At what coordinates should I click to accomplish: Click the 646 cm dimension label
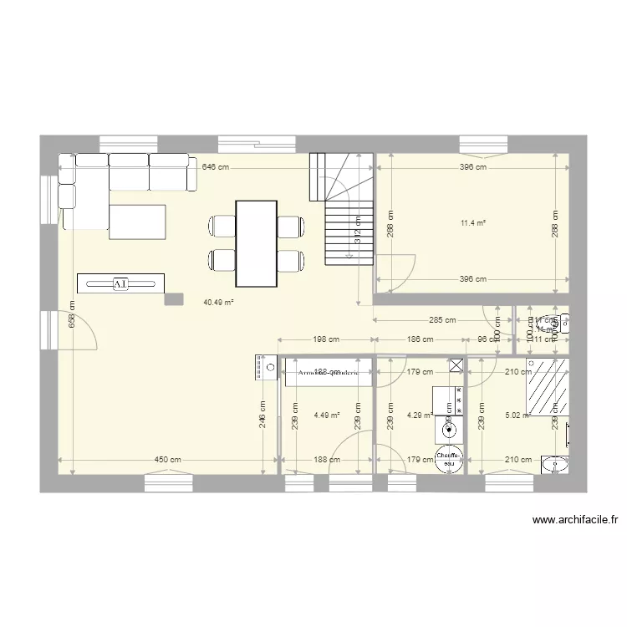(214, 167)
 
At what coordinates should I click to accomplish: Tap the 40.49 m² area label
(217, 303)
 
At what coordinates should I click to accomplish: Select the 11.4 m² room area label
(473, 223)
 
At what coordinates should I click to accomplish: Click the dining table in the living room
(256, 243)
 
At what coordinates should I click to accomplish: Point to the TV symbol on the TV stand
(120, 284)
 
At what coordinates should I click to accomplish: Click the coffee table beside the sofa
(137, 221)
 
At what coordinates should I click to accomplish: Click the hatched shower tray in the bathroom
(547, 386)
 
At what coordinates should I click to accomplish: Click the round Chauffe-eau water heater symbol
(449, 460)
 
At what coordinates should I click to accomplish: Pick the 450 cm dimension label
(167, 460)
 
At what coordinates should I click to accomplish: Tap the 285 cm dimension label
(442, 319)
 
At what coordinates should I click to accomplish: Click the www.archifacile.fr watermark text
(574, 520)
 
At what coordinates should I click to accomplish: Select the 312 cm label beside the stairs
(357, 231)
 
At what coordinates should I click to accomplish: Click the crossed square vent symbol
(456, 364)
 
